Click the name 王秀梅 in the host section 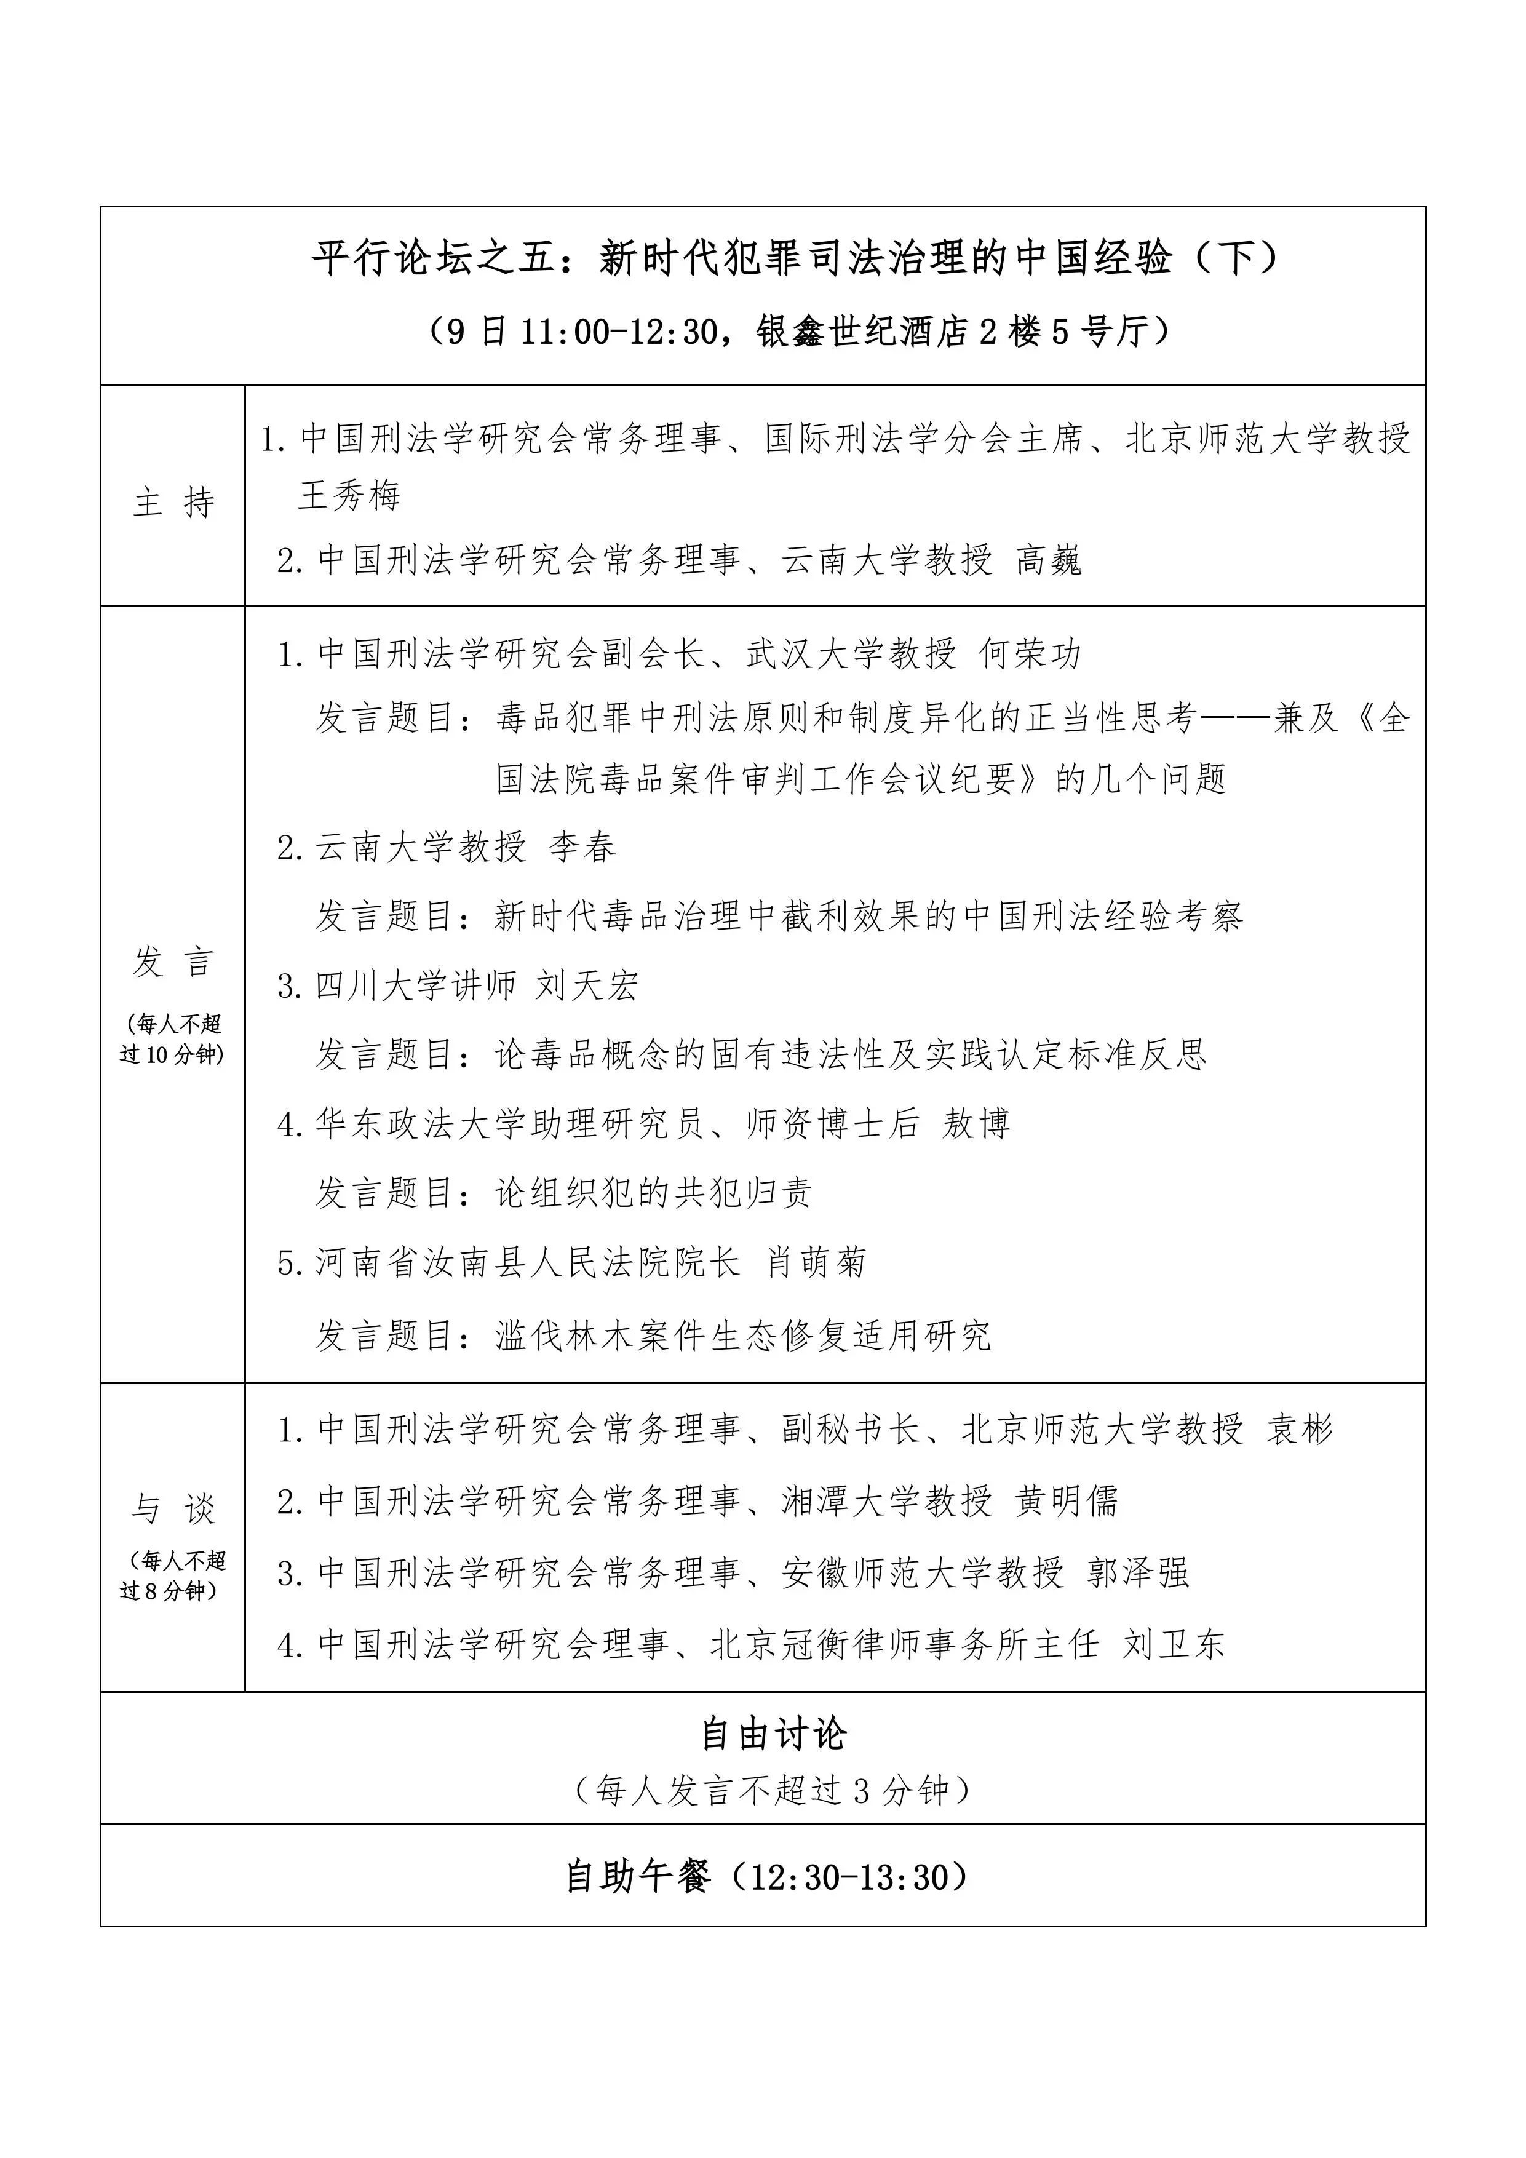[x=349, y=495]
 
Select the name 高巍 [x=1049, y=560]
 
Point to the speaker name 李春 [x=582, y=847]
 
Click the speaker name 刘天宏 [x=587, y=985]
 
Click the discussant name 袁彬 [x=1300, y=1430]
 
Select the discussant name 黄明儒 [x=1067, y=1501]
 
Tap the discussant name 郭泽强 [x=1138, y=1572]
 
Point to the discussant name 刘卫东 [x=1174, y=1644]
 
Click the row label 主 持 [x=174, y=503]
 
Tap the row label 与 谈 [x=174, y=1508]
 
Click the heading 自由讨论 [x=774, y=1734]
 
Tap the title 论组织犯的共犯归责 [x=653, y=1193]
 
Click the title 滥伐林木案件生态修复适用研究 [x=742, y=1335]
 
